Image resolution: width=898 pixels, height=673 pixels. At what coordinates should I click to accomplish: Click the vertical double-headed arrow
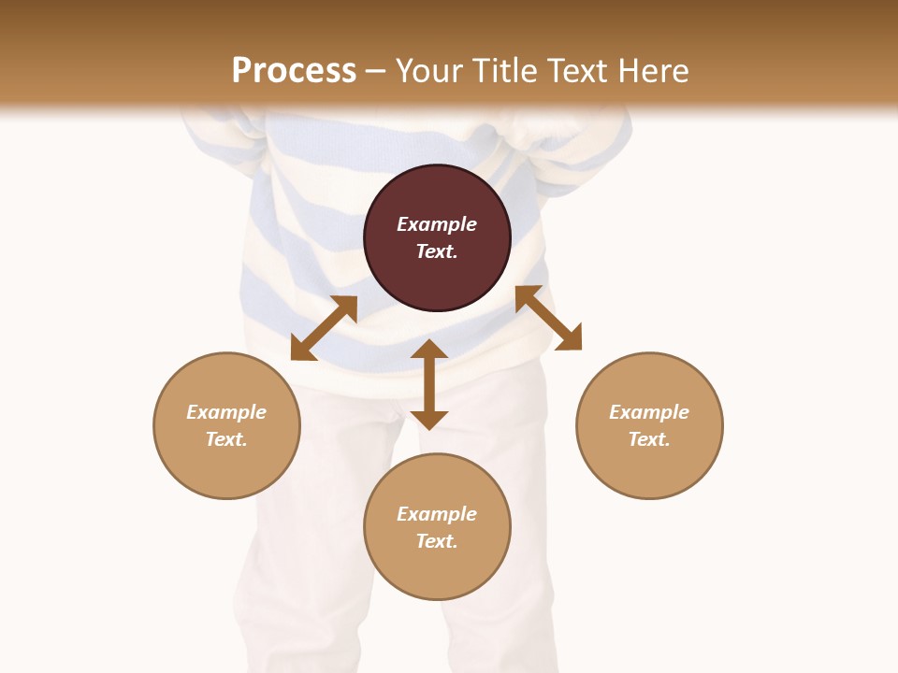point(429,384)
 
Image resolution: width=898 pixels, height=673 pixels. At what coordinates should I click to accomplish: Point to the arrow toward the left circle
point(324,328)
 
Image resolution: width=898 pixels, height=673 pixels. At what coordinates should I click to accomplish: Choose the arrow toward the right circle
point(548,318)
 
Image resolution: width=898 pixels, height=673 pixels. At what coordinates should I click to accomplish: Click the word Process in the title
point(294,70)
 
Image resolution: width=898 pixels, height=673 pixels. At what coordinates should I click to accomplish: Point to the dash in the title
point(375,71)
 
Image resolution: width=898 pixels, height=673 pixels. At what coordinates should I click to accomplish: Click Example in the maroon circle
point(437,224)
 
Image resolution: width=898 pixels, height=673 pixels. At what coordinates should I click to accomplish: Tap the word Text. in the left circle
point(226,439)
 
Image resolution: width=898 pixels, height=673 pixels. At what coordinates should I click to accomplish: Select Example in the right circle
point(649,412)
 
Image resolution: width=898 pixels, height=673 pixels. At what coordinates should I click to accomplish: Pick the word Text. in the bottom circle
point(437,541)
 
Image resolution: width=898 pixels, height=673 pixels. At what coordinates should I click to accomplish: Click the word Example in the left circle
point(226,412)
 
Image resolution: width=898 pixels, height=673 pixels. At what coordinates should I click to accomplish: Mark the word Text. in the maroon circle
point(437,251)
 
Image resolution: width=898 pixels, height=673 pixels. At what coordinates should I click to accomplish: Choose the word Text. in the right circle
point(649,439)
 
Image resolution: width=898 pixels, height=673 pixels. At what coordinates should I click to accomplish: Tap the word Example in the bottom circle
point(437,514)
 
